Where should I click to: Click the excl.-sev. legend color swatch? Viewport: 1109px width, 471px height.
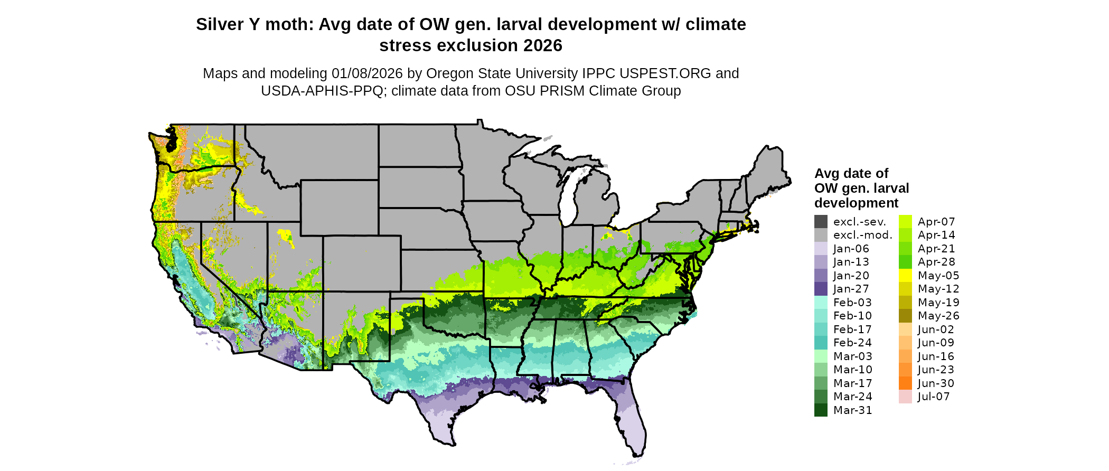click(x=821, y=222)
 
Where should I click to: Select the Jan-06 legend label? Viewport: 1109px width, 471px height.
click(x=851, y=249)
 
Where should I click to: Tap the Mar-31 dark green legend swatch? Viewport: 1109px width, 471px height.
click(x=821, y=410)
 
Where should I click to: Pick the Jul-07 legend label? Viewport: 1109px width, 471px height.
click(x=933, y=397)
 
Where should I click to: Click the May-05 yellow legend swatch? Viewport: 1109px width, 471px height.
click(x=905, y=276)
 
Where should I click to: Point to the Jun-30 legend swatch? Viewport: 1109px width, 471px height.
click(x=905, y=383)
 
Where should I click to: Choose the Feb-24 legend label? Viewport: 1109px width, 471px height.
click(x=852, y=343)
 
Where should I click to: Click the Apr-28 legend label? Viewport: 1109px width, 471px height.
click(x=936, y=262)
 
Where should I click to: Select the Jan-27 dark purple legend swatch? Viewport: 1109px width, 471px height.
click(x=821, y=289)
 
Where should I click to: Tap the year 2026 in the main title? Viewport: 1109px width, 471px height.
click(x=543, y=45)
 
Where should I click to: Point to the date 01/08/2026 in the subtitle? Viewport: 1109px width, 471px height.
click(x=366, y=73)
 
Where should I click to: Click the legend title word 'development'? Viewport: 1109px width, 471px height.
click(x=856, y=203)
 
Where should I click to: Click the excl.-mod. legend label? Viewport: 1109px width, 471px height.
click(x=862, y=235)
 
